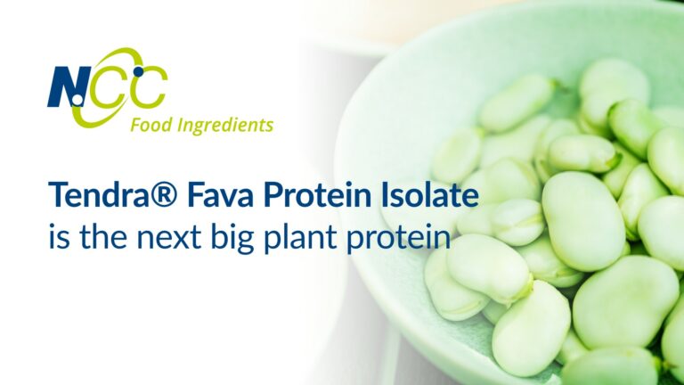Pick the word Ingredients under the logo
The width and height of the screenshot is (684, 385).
[x=224, y=125]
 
